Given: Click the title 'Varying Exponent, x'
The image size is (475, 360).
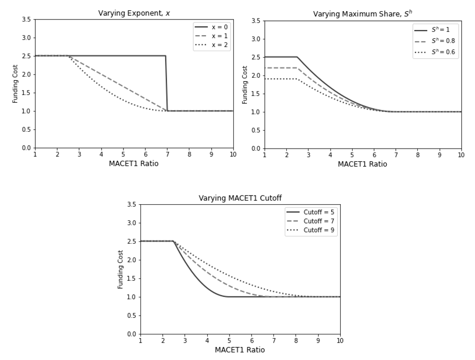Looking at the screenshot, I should click(134, 13).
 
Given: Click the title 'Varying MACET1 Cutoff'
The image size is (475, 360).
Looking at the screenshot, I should click(240, 198).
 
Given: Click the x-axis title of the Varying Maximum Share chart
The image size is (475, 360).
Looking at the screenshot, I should click(362, 164).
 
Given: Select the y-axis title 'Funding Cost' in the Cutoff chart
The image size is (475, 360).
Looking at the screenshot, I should click(121, 269).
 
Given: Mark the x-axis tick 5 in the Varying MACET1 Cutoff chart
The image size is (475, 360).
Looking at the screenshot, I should click(229, 340).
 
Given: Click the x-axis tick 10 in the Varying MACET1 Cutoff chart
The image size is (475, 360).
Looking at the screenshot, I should click(340, 340).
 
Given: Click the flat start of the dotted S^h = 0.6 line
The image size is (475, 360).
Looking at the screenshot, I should click(281, 79).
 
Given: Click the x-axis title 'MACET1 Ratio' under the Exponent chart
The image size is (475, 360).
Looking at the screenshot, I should click(134, 163).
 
